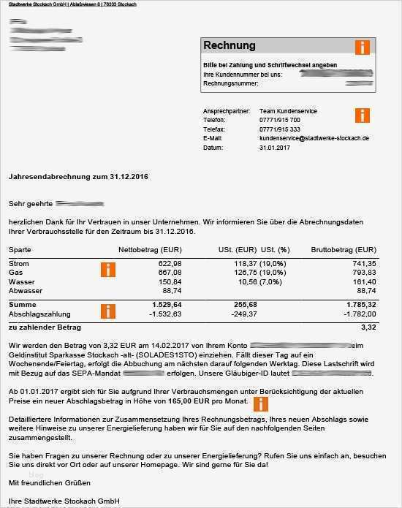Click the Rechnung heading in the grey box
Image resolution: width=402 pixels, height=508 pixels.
tap(230, 45)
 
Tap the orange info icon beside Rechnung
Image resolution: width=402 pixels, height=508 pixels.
tap(362, 48)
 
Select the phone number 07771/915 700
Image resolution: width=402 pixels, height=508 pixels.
tap(279, 120)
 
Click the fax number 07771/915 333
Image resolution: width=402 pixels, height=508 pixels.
tap(279, 129)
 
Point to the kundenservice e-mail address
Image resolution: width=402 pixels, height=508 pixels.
tap(314, 138)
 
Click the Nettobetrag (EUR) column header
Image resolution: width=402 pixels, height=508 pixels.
tap(150, 249)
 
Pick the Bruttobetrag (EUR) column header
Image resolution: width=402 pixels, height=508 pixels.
tap(344, 249)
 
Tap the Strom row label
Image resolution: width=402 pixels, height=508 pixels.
tap(19, 263)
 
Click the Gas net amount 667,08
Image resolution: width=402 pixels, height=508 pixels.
tap(170, 272)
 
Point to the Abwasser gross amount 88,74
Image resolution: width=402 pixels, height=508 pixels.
tap(366, 290)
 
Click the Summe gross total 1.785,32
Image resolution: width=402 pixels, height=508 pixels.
tap(361, 304)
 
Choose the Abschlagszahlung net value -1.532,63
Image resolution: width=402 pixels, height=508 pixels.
tap(165, 314)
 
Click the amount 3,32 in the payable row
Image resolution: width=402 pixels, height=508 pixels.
tap(368, 327)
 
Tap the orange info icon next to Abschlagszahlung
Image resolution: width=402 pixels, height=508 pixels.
tap(108, 311)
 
